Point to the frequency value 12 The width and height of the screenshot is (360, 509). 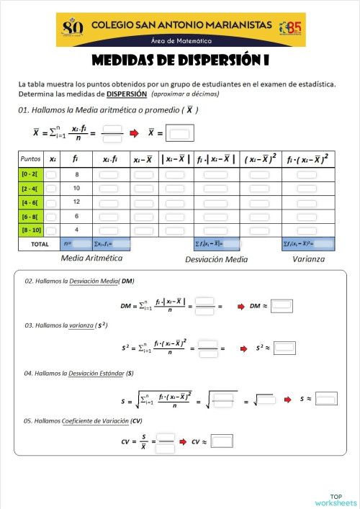pos(76,202)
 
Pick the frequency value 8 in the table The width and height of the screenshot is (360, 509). pos(76,175)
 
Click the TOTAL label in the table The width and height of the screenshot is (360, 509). pos(39,244)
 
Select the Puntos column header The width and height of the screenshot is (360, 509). pos(31,158)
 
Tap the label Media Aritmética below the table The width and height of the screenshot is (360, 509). pos(91,258)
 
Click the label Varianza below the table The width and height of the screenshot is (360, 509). pos(308,258)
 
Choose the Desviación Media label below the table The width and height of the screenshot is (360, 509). pos(216,259)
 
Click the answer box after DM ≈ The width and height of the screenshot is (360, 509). pos(281,306)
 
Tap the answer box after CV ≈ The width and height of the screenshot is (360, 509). pos(222,441)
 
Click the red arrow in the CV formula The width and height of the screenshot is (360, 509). pos(184,441)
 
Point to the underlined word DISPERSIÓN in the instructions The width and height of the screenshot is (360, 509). pos(127,94)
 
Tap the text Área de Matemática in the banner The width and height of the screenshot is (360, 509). pos(181,41)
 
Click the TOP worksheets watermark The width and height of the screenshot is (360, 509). pos(335,500)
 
